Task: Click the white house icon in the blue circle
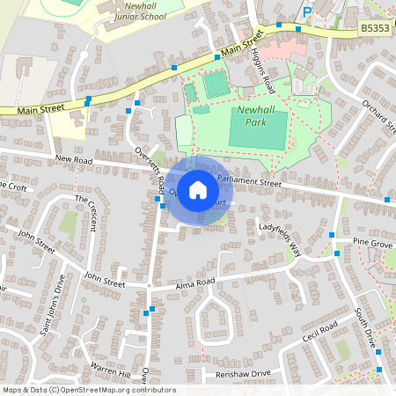click(x=198, y=190)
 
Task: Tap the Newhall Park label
click(x=257, y=117)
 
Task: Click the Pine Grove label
click(x=371, y=241)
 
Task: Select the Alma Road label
click(x=194, y=282)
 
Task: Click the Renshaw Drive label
click(x=243, y=373)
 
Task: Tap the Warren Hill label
click(x=110, y=365)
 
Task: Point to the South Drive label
click(x=364, y=325)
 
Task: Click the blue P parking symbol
click(x=307, y=12)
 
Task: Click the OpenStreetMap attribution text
click(x=88, y=390)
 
